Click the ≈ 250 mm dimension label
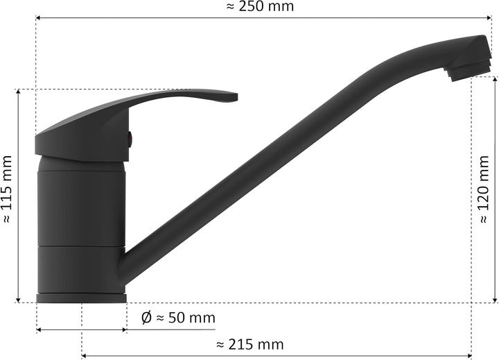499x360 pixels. pos(260,7)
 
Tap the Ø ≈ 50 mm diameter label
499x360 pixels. pos(178,318)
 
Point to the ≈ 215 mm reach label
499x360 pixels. pos(250,345)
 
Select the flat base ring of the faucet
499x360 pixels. pos(81,298)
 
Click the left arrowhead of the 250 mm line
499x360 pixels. pos(38,18)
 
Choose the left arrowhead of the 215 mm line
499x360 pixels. pos(85,355)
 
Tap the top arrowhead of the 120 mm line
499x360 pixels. pos(495,78)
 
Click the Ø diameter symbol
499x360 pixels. pos(146,318)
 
